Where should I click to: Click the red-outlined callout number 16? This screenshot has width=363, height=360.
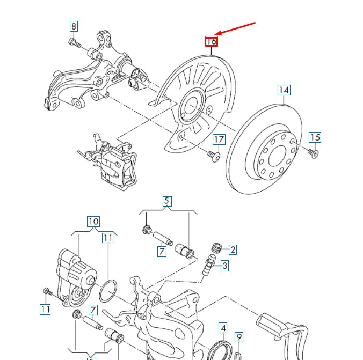click(211, 41)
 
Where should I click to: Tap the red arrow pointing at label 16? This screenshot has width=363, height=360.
click(236, 31)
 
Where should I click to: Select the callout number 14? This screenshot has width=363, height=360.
click(284, 90)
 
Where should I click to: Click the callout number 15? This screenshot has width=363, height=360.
click(315, 137)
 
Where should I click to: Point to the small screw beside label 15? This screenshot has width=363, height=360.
click(313, 153)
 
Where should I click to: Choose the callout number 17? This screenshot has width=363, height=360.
click(219, 140)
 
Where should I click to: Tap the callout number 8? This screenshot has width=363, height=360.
click(74, 26)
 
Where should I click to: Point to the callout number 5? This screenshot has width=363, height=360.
click(166, 202)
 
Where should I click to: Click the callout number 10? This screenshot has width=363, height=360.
click(93, 221)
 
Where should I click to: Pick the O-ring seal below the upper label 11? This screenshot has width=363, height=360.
click(108, 291)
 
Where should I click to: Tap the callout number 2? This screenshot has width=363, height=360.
click(233, 249)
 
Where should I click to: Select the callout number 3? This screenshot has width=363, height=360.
click(224, 265)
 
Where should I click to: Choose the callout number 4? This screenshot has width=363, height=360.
click(223, 327)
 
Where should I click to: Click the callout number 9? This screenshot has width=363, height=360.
click(239, 337)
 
